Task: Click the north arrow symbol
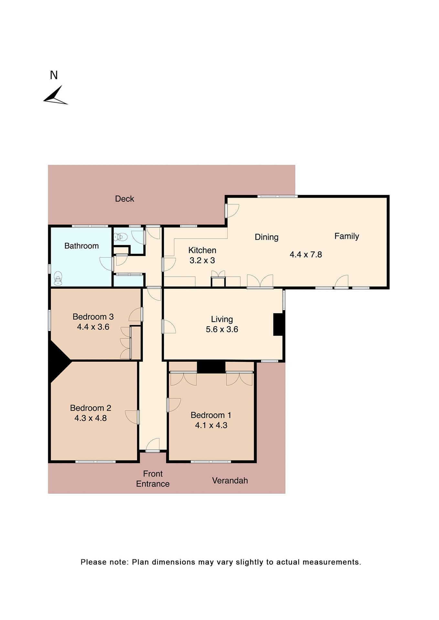pos(55,96)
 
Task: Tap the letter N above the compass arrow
pos(54,75)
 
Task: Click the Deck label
pos(124,199)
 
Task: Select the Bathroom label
pos(81,246)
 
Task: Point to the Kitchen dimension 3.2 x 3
pos(202,261)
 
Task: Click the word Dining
pos(266,237)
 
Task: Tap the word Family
pos(347,236)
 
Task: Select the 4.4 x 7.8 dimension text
pos(305,254)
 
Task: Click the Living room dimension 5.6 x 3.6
pos(222,329)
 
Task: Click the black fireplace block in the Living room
pos(278,324)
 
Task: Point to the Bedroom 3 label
pos(93,317)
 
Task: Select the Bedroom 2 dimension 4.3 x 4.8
pos(91,418)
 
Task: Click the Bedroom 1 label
pos(211,415)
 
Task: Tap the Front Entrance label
pos(153,479)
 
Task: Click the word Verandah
pos(230,480)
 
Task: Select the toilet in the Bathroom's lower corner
pos(58,279)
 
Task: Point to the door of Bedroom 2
pos(132,417)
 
